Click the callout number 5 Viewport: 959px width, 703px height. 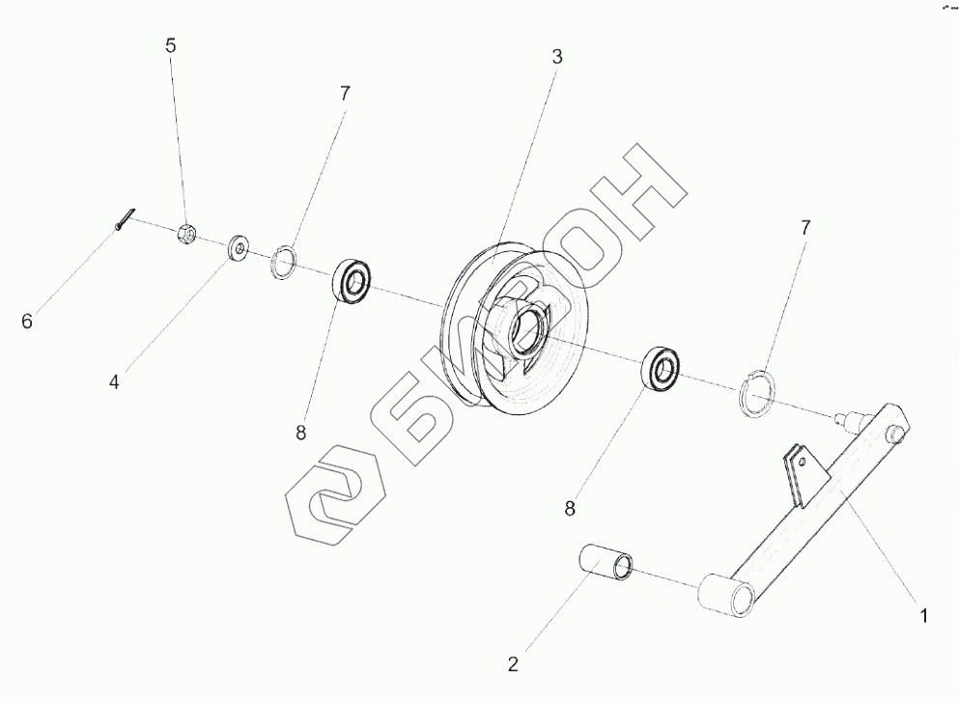pyautogui.click(x=171, y=45)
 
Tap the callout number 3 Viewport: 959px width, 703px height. pyautogui.click(x=556, y=57)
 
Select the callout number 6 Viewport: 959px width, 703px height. pyautogui.click(x=27, y=321)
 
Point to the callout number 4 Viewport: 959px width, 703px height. pyautogui.click(x=114, y=382)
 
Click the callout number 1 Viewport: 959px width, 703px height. pyautogui.click(x=924, y=615)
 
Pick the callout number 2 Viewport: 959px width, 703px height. pyautogui.click(x=513, y=663)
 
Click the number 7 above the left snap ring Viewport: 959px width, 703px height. pyautogui.click(x=345, y=94)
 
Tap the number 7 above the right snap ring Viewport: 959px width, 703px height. pyautogui.click(x=805, y=228)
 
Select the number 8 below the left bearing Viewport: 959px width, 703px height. pyautogui.click(x=301, y=433)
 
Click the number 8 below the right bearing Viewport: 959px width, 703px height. pyautogui.click(x=570, y=508)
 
